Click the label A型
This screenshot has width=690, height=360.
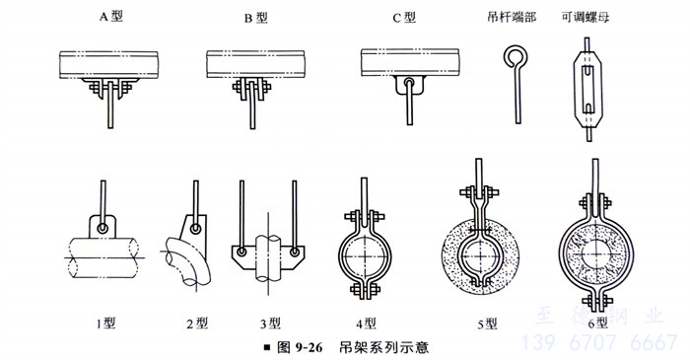[x=110, y=17]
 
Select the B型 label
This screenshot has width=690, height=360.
[x=255, y=18]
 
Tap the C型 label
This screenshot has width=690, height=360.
[x=404, y=18]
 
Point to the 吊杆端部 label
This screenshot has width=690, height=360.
[x=512, y=17]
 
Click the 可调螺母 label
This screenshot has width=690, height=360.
[x=586, y=17]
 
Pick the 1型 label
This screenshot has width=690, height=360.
[x=105, y=324]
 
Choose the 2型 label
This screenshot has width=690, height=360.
[x=197, y=324]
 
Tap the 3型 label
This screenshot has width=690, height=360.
[x=270, y=324]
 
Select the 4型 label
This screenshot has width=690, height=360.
[x=366, y=324]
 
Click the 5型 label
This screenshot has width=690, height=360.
[x=487, y=324]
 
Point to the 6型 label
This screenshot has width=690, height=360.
[x=597, y=324]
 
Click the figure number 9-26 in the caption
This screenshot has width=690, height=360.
[x=309, y=348]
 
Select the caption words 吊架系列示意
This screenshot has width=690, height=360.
[x=383, y=348]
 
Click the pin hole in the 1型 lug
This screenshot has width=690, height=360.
[x=103, y=228]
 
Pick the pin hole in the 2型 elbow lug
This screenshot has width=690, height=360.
[x=195, y=229]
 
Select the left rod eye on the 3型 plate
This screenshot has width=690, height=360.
[x=241, y=252]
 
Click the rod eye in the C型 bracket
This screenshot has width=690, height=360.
[x=409, y=82]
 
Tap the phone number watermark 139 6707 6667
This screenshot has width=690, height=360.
[x=599, y=342]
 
